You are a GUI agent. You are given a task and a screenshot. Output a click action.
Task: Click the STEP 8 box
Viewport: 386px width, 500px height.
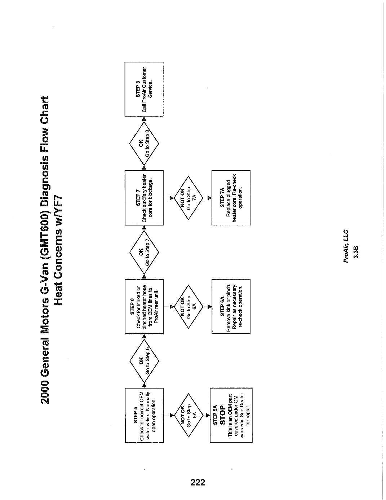(144, 89)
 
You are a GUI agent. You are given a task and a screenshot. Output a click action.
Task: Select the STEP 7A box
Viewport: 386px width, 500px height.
(231, 198)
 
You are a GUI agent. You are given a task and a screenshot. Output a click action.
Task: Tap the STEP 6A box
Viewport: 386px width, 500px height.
(231, 307)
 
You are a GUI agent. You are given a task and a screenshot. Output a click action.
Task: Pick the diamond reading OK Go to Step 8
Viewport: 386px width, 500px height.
(144, 144)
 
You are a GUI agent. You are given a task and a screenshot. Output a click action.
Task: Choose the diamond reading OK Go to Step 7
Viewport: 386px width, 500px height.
(144, 252)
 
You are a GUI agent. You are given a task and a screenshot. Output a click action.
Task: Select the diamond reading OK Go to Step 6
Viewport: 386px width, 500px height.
(144, 361)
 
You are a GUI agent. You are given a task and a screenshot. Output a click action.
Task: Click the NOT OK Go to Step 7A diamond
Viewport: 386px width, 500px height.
(188, 198)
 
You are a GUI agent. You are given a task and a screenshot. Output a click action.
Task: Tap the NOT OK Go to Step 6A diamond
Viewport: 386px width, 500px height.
(188, 307)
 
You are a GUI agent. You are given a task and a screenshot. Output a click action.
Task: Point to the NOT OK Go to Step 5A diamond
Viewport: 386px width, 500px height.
(188, 415)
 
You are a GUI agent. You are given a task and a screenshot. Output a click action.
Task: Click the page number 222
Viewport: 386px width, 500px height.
(198, 482)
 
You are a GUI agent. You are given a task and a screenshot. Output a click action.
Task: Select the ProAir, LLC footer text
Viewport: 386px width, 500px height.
(346, 246)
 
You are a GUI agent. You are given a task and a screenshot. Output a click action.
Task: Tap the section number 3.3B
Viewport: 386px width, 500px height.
(356, 252)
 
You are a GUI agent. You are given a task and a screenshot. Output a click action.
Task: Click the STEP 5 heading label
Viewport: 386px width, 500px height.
(136, 415)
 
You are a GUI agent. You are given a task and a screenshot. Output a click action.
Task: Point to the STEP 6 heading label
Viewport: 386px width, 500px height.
(132, 306)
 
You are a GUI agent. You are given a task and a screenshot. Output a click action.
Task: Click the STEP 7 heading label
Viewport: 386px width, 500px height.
(138, 198)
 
